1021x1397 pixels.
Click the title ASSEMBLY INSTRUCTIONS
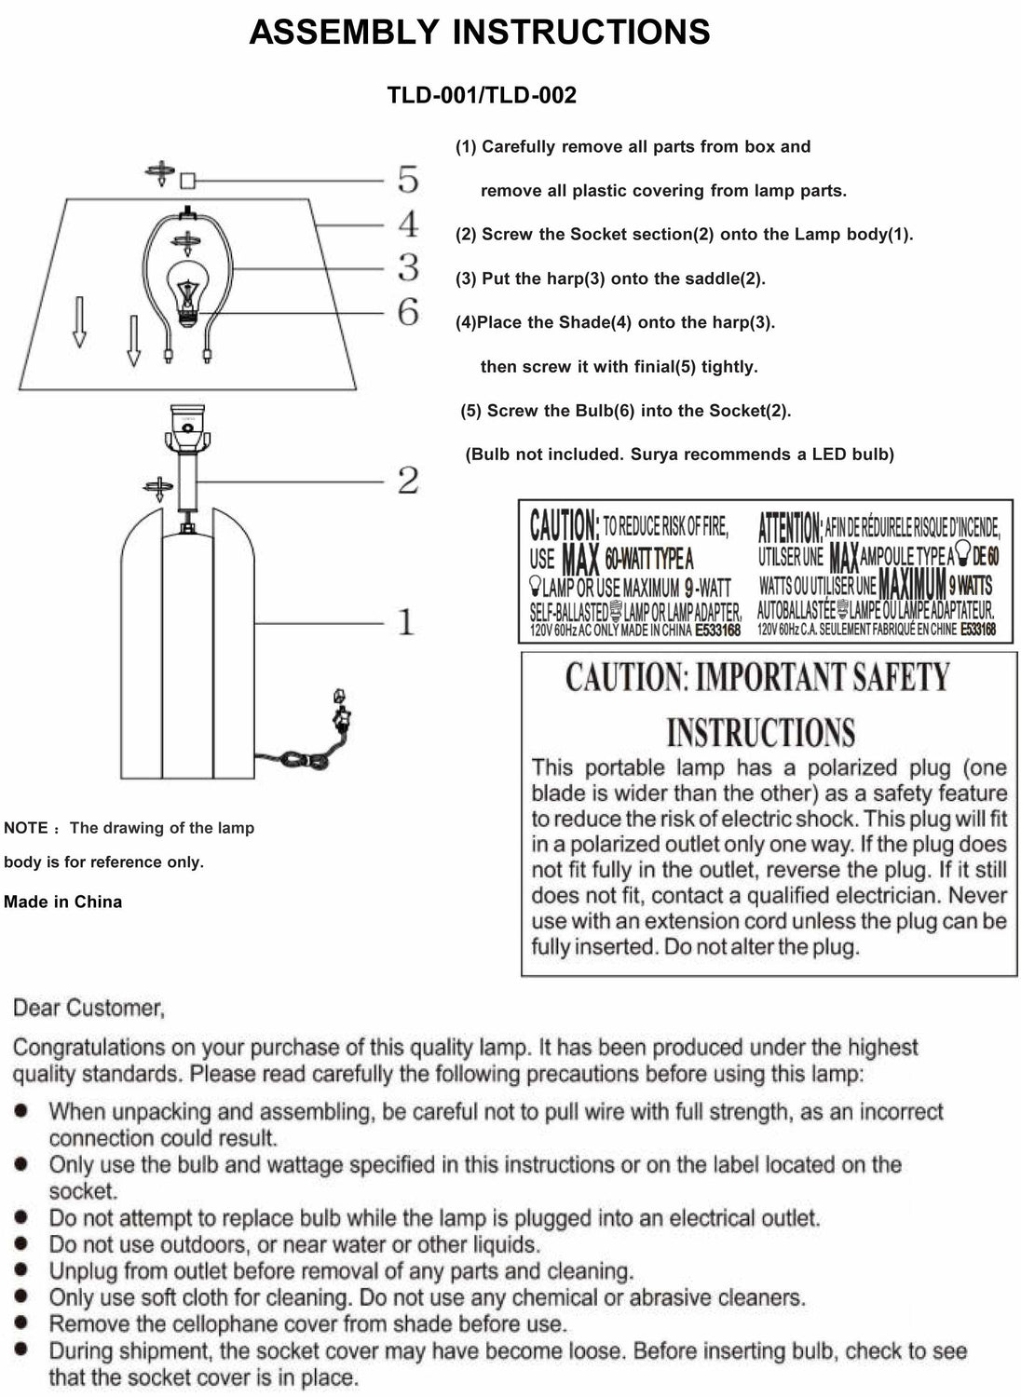point(479,33)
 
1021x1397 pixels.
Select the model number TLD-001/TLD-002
point(482,95)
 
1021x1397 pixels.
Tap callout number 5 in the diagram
point(408,179)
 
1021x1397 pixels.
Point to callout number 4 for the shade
point(408,224)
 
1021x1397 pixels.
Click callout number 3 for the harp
point(408,267)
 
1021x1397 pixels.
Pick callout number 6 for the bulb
point(408,312)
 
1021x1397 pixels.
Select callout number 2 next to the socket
point(408,481)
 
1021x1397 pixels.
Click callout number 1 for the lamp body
point(406,621)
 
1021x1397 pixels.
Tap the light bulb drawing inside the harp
point(189,291)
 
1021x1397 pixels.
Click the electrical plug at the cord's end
point(341,712)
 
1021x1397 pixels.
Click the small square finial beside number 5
point(188,179)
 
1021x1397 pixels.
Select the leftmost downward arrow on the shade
point(79,321)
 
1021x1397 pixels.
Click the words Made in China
point(62,902)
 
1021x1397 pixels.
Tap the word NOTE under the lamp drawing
point(25,828)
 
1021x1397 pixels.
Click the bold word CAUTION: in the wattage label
point(564,525)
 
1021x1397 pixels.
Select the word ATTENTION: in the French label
point(789,527)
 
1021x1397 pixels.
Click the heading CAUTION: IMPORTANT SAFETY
point(756,677)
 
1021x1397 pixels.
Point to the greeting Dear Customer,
point(88,1008)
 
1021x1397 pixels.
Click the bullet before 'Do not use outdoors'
point(21,1243)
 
